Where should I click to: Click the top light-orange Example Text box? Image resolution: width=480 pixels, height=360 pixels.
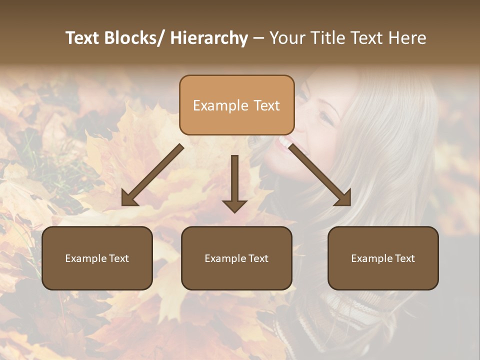(x=236, y=105)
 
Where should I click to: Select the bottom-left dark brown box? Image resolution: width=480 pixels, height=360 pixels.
(x=97, y=258)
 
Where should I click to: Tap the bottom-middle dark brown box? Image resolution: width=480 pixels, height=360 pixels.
(x=236, y=258)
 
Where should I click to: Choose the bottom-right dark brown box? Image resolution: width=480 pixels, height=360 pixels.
(x=383, y=258)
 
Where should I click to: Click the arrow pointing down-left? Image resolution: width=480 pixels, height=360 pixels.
(x=152, y=175)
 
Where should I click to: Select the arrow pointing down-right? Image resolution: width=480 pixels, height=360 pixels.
(x=320, y=175)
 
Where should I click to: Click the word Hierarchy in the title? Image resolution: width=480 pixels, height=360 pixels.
(x=209, y=38)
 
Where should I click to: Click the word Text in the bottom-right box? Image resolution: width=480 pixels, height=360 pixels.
(x=405, y=258)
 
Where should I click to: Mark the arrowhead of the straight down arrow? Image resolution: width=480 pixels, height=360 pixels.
(x=234, y=205)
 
